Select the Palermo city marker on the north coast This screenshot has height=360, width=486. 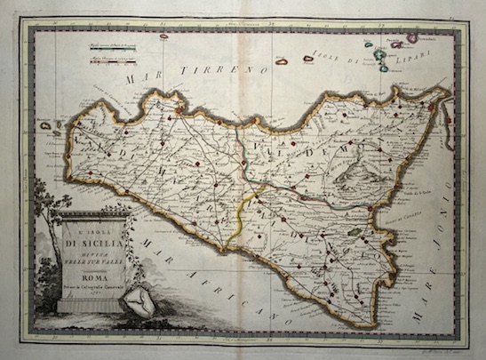[x=179, y=110]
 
